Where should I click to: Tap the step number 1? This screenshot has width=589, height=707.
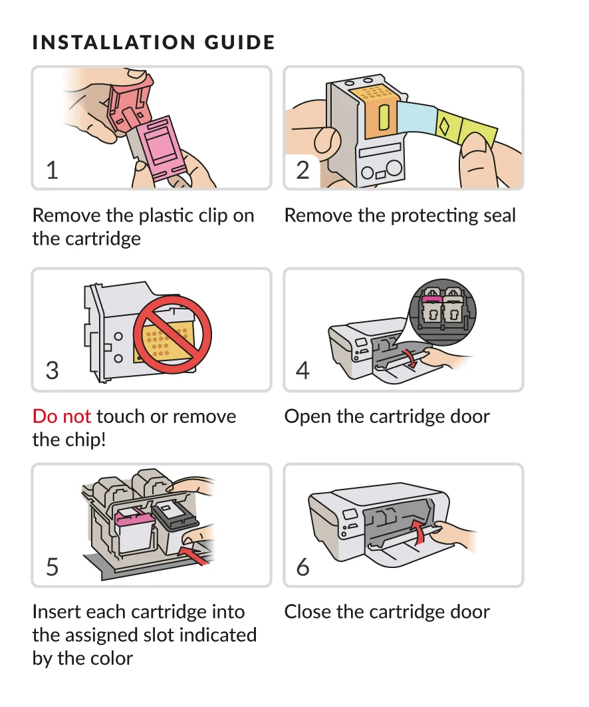pyautogui.click(x=53, y=170)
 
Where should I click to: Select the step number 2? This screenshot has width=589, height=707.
pyautogui.click(x=303, y=170)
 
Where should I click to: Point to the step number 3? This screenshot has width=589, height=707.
pyautogui.click(x=53, y=370)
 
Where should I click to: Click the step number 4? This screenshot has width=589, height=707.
pyautogui.click(x=303, y=370)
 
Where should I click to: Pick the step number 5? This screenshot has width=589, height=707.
pyautogui.click(x=53, y=567)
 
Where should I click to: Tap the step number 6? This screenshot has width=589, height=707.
pyautogui.click(x=303, y=567)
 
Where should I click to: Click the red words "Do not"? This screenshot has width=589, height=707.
pyautogui.click(x=62, y=417)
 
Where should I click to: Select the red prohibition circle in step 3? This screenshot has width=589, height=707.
pyautogui.click(x=172, y=331)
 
